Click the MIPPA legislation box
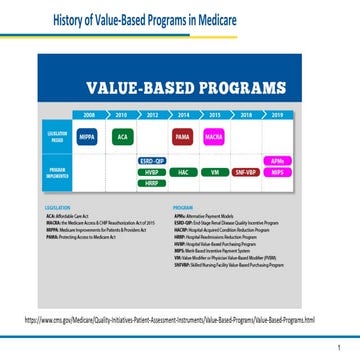point(87,135)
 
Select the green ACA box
point(122,135)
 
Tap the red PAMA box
point(183,135)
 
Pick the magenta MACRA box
point(214,135)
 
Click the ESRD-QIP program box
point(152,160)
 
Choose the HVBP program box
point(152,171)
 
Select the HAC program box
point(183,171)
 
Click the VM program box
point(214,171)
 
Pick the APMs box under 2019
point(276,160)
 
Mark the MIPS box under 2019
point(276,171)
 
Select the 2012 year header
point(152,115)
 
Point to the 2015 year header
point(214,115)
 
